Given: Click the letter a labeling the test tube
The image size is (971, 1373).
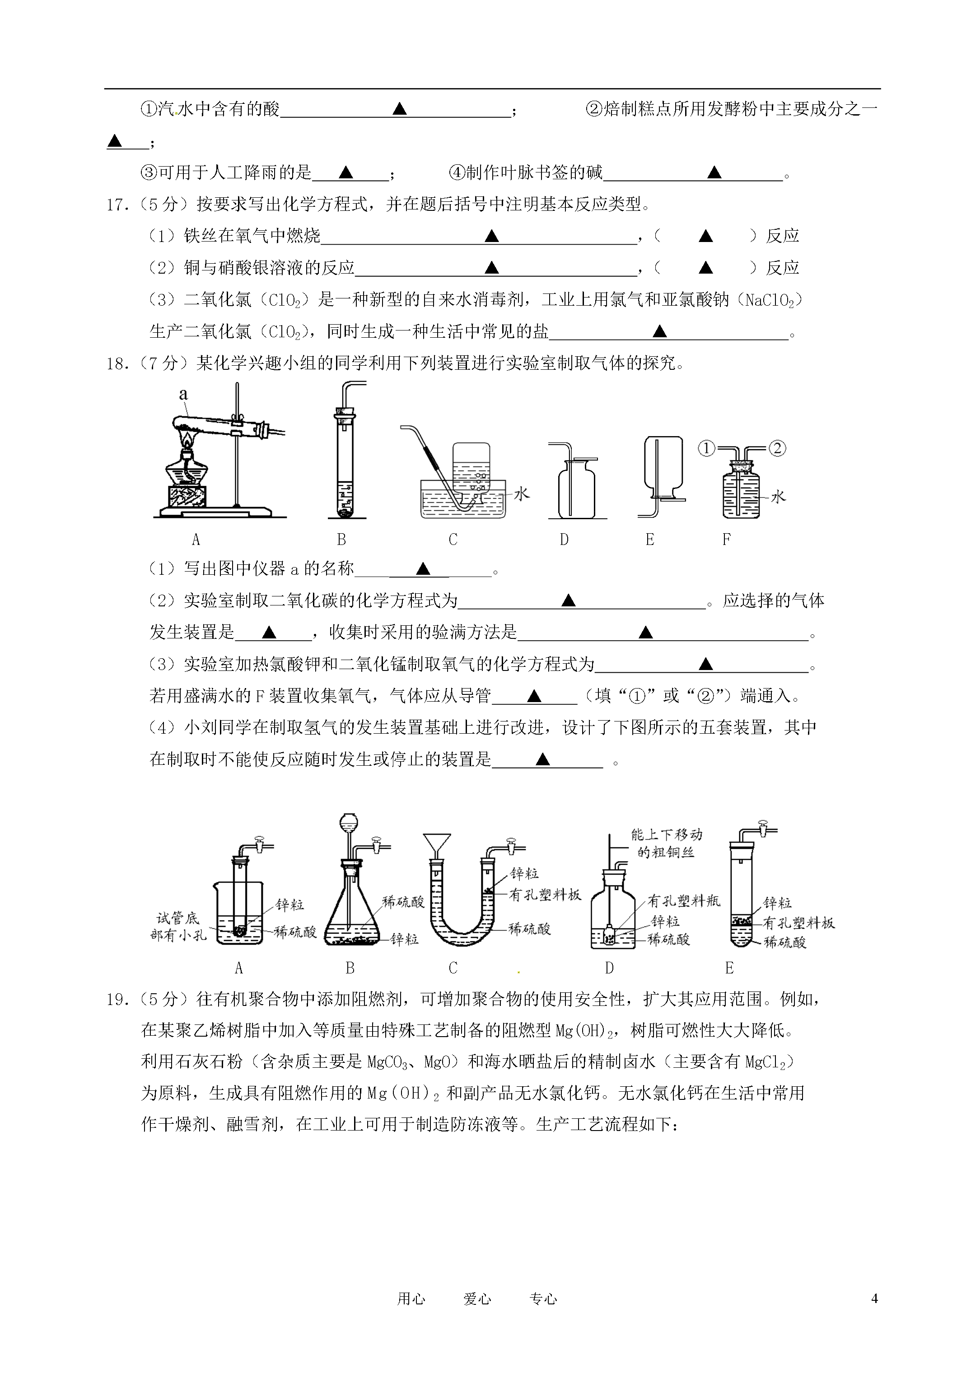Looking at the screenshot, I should [x=183, y=394].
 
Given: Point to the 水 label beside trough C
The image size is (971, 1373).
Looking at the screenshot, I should [x=522, y=493].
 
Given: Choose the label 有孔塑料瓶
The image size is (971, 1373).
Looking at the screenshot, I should [x=684, y=901].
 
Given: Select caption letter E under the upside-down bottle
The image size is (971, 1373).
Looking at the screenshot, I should [x=650, y=540].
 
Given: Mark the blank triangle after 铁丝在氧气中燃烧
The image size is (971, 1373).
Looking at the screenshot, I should [x=491, y=236].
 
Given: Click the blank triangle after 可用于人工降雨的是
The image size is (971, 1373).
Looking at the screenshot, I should [x=346, y=173].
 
